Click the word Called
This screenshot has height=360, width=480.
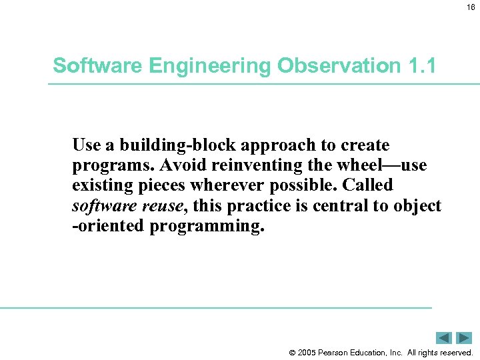[368, 185]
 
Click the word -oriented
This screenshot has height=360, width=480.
[108, 226]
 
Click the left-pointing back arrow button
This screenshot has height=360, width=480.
[444, 338]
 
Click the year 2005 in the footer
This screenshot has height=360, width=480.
[307, 352]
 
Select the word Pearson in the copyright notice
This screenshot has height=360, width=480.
[333, 352]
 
